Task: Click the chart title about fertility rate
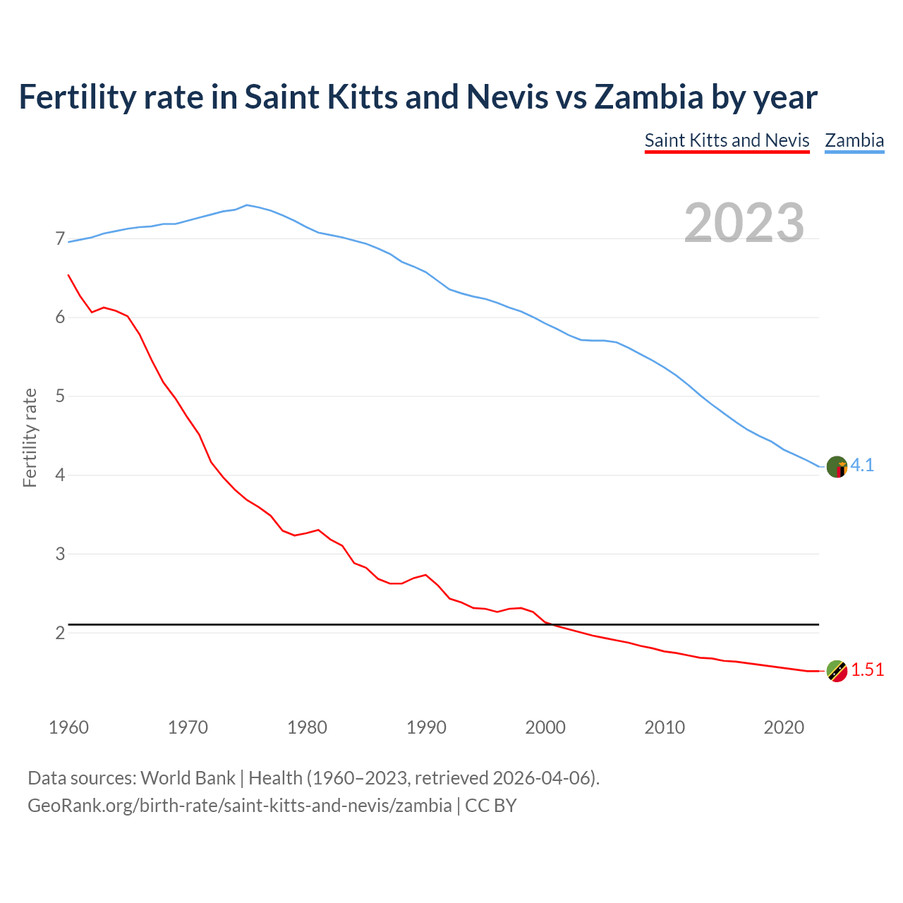click(x=418, y=97)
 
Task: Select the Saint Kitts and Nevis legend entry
click(x=727, y=140)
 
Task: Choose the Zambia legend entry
click(x=854, y=140)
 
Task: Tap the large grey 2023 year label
click(x=744, y=223)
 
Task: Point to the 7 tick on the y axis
click(x=60, y=239)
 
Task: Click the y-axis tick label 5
click(x=60, y=396)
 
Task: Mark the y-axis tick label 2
click(x=60, y=633)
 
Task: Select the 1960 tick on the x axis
click(x=68, y=727)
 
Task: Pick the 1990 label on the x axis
click(x=426, y=727)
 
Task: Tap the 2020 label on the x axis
click(x=784, y=727)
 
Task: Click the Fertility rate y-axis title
click(x=30, y=437)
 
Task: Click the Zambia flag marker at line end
click(x=837, y=466)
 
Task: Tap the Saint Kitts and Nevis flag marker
click(x=837, y=671)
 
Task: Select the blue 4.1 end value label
click(x=862, y=466)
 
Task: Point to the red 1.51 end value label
click(x=867, y=670)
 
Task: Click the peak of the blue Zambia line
click(x=246, y=205)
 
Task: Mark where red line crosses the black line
click(x=552, y=624)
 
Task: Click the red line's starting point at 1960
click(x=68, y=275)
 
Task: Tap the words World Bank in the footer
click(x=188, y=778)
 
